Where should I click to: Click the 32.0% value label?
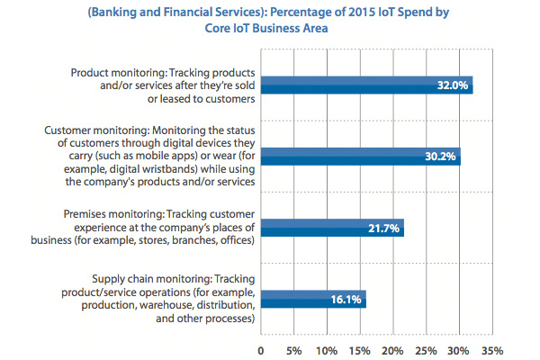[x=453, y=85]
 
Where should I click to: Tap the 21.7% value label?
[x=384, y=228]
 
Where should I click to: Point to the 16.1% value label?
[x=346, y=299]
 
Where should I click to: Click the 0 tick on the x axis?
[x=261, y=349]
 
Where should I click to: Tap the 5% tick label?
[x=293, y=349]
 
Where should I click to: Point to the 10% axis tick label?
[x=327, y=349]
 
